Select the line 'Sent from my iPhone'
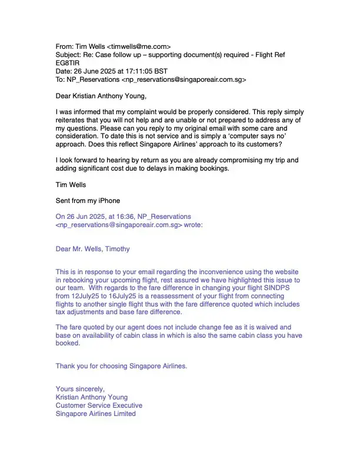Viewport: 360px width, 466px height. (x=88, y=201)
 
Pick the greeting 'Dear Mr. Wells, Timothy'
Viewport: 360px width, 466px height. (x=92, y=249)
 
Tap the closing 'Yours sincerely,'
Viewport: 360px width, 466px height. (x=80, y=389)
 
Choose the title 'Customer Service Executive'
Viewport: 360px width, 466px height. (x=99, y=405)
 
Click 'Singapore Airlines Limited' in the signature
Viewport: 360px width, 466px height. (x=95, y=414)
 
